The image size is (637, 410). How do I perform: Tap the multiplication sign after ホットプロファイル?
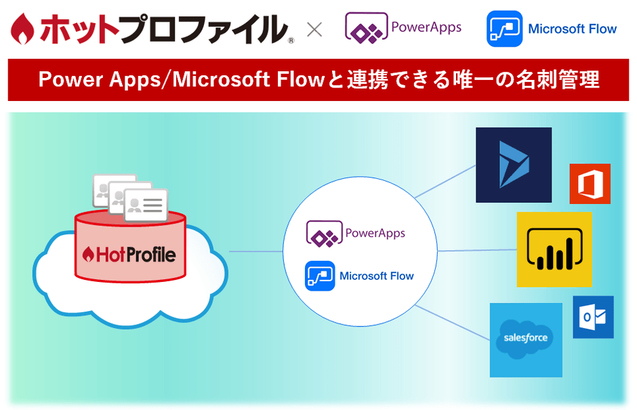pos(314,30)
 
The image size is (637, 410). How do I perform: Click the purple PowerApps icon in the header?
pos(365,28)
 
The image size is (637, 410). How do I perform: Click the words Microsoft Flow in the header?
pos(572,29)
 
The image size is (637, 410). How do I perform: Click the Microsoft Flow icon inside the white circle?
pos(320,276)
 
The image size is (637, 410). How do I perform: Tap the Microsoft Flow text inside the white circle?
pos(376,276)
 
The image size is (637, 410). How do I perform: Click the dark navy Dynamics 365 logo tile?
pos(513,165)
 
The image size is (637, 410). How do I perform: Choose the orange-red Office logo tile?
pos(590,184)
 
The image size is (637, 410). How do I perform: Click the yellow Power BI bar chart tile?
pos(554,249)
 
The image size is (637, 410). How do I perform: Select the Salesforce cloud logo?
pos(526,340)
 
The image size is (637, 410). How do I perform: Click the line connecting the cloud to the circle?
pos(255,251)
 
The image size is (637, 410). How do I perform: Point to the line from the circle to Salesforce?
pos(453,321)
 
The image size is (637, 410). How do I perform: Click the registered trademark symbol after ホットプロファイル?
pos(291,41)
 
